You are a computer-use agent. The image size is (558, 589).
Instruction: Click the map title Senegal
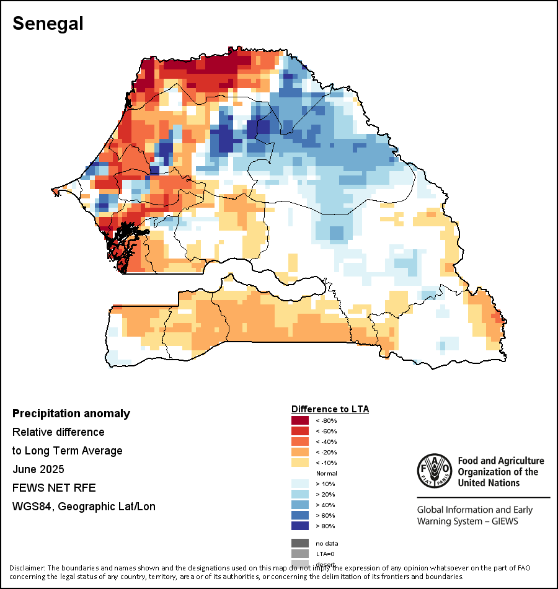click(x=48, y=23)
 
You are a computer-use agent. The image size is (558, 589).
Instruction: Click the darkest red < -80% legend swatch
click(x=300, y=420)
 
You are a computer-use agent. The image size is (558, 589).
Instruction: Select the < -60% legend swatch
click(x=300, y=431)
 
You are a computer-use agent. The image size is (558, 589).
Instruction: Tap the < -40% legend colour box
click(x=300, y=441)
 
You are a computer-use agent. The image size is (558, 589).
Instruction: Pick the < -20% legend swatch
click(x=300, y=452)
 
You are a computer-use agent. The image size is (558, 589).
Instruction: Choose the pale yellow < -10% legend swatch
click(x=300, y=463)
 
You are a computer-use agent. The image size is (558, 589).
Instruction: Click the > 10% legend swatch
click(x=300, y=484)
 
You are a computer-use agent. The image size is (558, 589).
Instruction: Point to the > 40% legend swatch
click(x=300, y=505)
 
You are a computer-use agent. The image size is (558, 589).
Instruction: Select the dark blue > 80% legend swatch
click(x=300, y=526)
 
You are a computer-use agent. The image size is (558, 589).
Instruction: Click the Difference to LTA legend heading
click(x=330, y=409)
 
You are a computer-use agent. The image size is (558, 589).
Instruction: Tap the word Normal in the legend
click(x=326, y=473)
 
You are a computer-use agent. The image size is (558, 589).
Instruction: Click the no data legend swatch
click(x=300, y=543)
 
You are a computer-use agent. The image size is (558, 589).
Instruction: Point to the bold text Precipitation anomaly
click(x=71, y=414)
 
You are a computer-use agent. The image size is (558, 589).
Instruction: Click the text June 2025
click(x=38, y=469)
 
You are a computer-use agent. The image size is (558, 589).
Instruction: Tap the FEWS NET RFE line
click(x=54, y=488)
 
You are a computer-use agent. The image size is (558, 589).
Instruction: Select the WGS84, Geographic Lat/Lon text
click(x=84, y=507)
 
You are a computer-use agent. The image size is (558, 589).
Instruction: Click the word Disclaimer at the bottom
click(x=27, y=568)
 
